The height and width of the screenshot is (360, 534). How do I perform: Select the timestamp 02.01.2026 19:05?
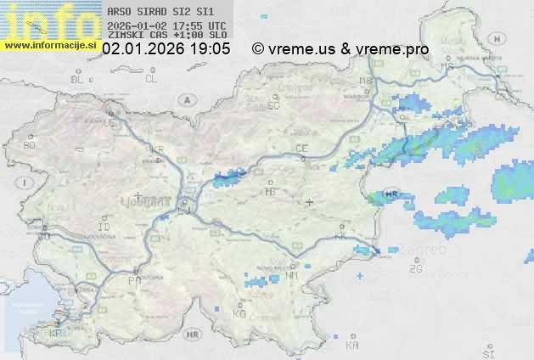(x=166, y=49)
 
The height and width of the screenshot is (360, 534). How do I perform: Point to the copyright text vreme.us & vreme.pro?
(x=340, y=49)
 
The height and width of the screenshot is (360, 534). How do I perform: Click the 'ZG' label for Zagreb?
(x=415, y=269)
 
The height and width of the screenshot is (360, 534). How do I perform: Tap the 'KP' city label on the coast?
(x=56, y=333)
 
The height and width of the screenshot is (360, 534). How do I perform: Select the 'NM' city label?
(x=293, y=275)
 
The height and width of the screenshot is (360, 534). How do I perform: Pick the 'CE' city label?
(x=301, y=149)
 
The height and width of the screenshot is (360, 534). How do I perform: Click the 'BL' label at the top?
(x=77, y=79)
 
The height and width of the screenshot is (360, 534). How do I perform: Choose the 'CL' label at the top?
(x=151, y=79)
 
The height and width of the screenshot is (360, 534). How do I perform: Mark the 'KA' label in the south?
(x=352, y=345)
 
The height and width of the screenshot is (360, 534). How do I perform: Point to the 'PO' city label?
(x=133, y=279)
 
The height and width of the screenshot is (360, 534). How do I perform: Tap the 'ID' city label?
(x=104, y=228)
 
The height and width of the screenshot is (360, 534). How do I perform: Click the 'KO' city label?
(x=239, y=313)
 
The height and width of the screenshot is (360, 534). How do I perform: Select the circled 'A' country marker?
(x=186, y=99)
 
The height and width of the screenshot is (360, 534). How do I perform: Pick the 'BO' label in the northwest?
(x=29, y=145)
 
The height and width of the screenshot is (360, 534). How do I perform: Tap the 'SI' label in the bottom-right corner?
(x=487, y=352)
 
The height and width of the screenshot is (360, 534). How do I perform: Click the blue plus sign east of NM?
(x=360, y=276)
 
